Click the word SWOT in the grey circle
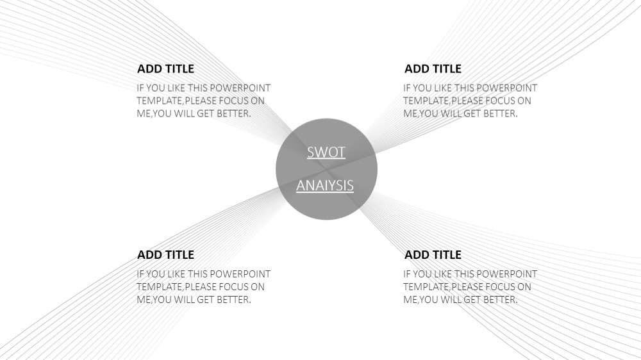(326, 152)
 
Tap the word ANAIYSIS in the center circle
(325, 186)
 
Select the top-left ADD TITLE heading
(165, 69)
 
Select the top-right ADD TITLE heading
(433, 69)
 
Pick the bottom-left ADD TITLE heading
(165, 254)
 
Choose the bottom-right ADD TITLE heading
(433, 254)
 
